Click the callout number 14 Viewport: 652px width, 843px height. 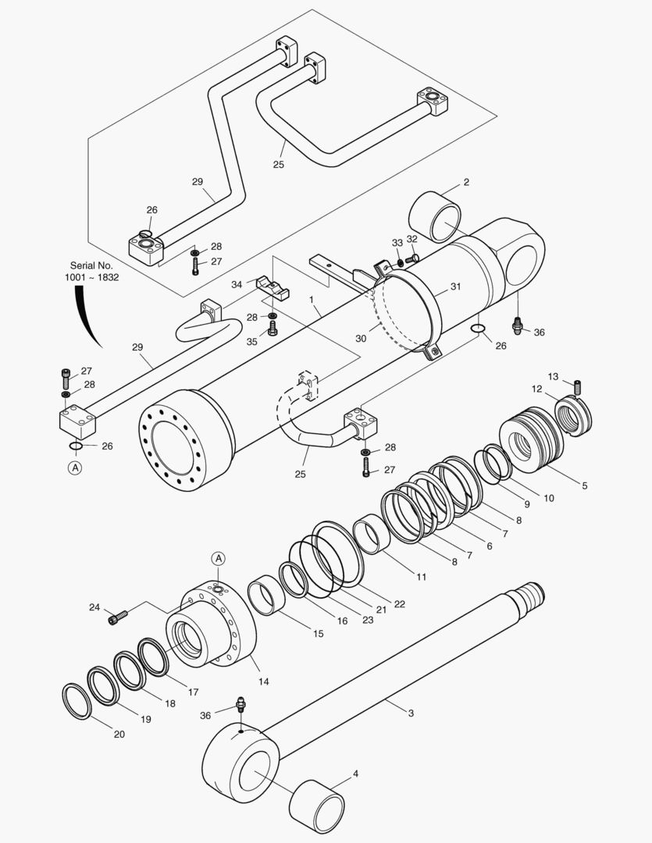(264, 681)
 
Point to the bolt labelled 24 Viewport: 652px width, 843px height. (117, 618)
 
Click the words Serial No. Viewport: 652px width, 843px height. (91, 265)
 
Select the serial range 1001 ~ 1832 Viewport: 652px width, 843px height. (91, 277)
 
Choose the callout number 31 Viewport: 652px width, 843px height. (455, 286)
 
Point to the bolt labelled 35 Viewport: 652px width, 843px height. (273, 330)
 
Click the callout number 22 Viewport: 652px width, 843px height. (399, 603)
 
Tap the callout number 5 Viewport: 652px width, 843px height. (584, 485)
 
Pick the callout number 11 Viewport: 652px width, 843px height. (421, 578)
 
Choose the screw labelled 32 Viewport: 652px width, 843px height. (414, 258)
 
